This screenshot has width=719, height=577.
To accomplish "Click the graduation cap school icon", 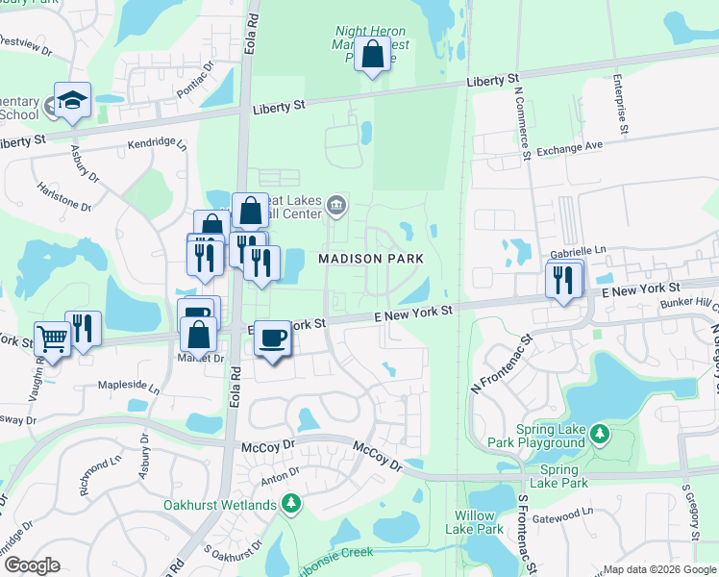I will tap(72, 100).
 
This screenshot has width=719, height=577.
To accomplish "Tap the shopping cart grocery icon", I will tap(52, 338).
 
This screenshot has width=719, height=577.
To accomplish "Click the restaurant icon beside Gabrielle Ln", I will tap(563, 279).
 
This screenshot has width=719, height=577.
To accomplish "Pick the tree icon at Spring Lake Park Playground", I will tap(600, 435).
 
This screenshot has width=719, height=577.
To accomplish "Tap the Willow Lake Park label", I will tap(477, 522).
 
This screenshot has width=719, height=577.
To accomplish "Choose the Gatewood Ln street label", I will tap(578, 514).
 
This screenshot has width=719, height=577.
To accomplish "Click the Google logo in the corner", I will tap(32, 564).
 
